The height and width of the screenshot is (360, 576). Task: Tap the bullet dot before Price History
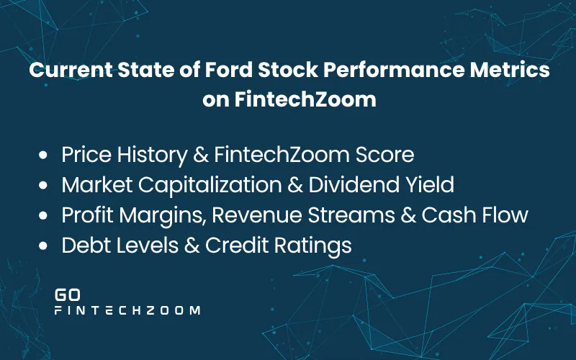click(45, 155)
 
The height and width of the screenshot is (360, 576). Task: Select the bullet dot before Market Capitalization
click(45, 185)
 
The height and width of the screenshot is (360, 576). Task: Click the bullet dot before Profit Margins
click(45, 215)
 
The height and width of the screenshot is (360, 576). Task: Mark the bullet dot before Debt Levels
click(45, 246)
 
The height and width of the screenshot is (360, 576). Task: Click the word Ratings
click(315, 246)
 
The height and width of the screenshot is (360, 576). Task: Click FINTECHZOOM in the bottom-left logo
click(127, 311)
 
